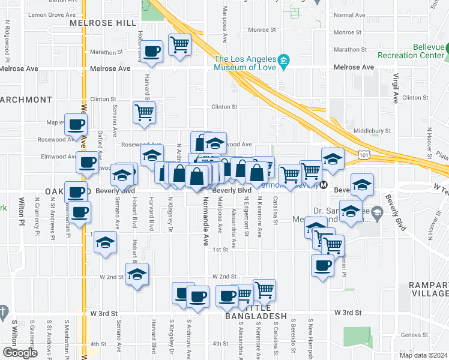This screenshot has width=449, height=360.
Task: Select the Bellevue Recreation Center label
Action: point(412,52)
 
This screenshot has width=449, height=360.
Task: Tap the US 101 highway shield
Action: point(364,155)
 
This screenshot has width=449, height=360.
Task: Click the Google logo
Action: point(19,353)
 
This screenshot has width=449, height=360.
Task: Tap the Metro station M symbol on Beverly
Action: point(324,185)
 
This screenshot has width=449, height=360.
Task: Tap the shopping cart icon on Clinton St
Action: point(145,112)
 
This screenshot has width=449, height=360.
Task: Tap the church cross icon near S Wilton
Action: point(4,311)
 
